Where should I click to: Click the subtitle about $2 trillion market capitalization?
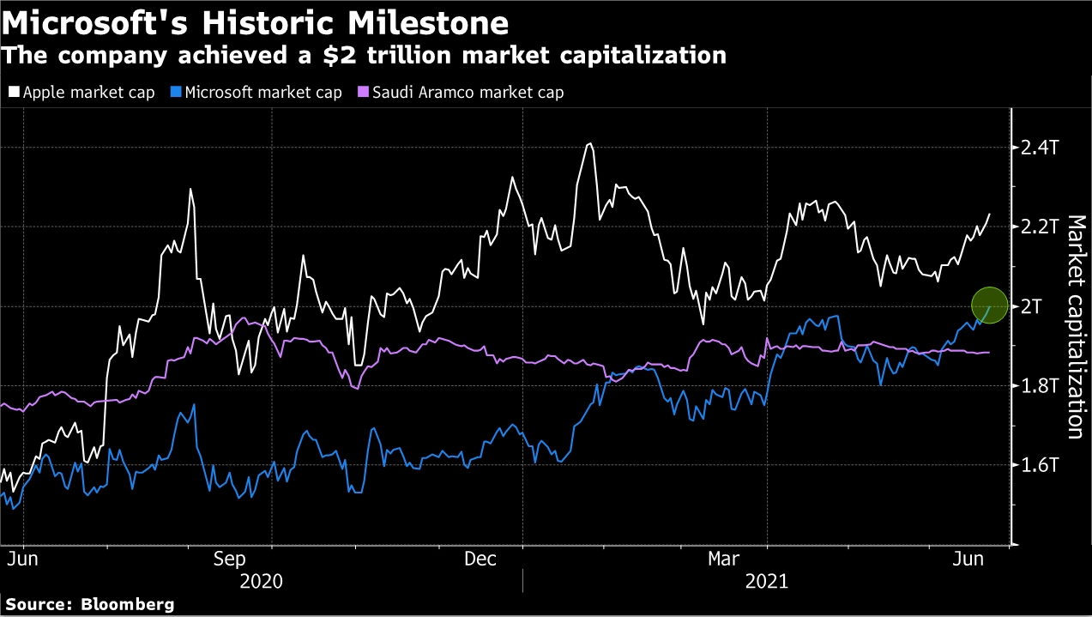(364, 57)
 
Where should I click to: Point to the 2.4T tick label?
(1040, 148)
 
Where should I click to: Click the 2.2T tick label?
(1040, 227)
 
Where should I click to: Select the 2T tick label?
(1033, 307)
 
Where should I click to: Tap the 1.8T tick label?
(1040, 386)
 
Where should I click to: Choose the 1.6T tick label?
(1040, 466)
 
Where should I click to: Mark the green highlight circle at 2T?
(989, 305)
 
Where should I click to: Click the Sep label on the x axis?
(230, 560)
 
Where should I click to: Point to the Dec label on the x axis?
(480, 560)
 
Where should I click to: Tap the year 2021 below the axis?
(768, 581)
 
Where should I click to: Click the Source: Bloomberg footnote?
(89, 604)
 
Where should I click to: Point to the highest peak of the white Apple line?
(589, 144)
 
